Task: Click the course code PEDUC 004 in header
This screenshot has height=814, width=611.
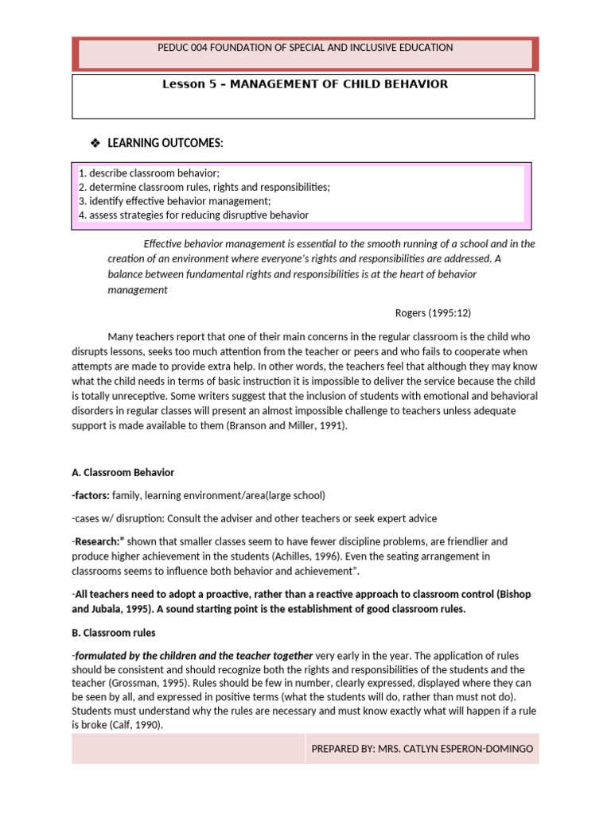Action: point(185,48)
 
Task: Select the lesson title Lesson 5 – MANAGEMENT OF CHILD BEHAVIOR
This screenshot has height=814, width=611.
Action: point(305,84)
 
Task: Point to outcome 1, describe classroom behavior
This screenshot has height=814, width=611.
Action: point(149,172)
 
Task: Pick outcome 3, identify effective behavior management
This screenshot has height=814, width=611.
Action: point(174,201)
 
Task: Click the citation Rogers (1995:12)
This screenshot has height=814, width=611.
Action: point(438,312)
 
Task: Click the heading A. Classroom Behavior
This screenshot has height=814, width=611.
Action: point(123,473)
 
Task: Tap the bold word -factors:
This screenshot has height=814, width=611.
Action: point(90,495)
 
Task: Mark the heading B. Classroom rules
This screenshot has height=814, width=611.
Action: point(114,633)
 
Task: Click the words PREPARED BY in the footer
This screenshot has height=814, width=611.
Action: point(343,749)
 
